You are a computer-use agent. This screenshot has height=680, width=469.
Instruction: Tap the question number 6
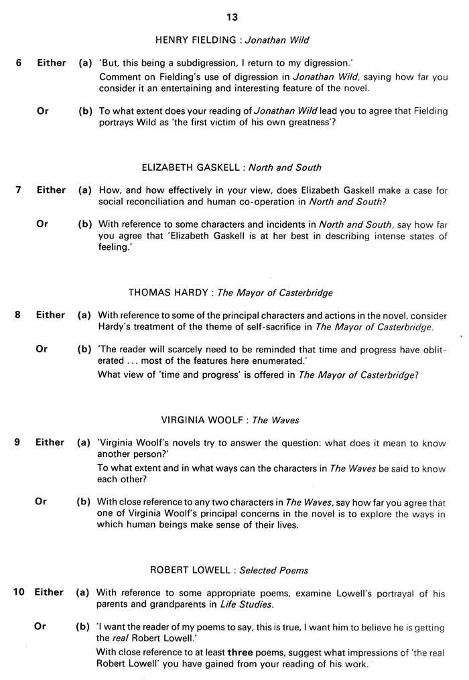click(19, 63)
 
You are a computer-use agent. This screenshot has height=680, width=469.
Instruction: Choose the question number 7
click(19, 190)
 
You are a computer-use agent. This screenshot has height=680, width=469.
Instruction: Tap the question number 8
click(19, 315)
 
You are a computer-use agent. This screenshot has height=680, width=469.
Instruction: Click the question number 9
click(19, 442)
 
